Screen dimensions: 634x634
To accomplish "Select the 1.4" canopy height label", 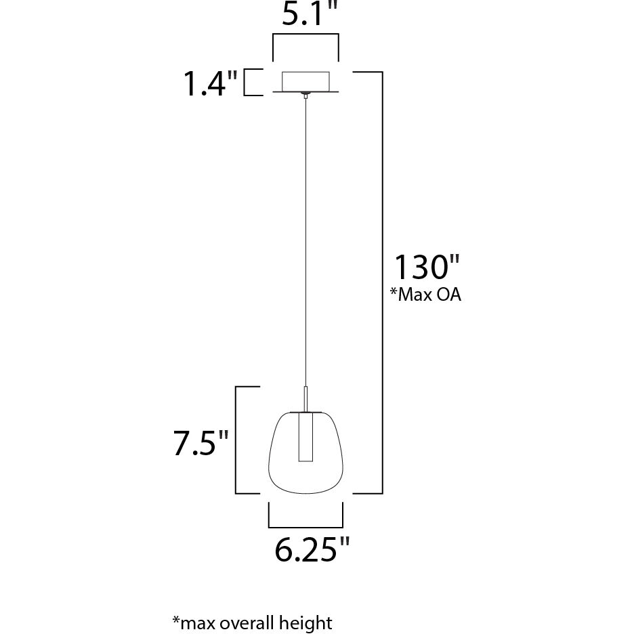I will tap(211, 84).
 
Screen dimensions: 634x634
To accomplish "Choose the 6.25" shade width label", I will tap(312, 550).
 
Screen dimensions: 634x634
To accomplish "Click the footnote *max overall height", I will tap(252, 622).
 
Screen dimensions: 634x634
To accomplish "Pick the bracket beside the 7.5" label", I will tap(237, 440).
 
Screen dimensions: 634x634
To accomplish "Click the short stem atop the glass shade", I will tap(305, 398).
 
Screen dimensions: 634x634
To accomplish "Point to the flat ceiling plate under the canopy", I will tap(305, 93).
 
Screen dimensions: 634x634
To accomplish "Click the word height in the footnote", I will tap(309, 622).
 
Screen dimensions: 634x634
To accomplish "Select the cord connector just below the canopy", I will tap(305, 98).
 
